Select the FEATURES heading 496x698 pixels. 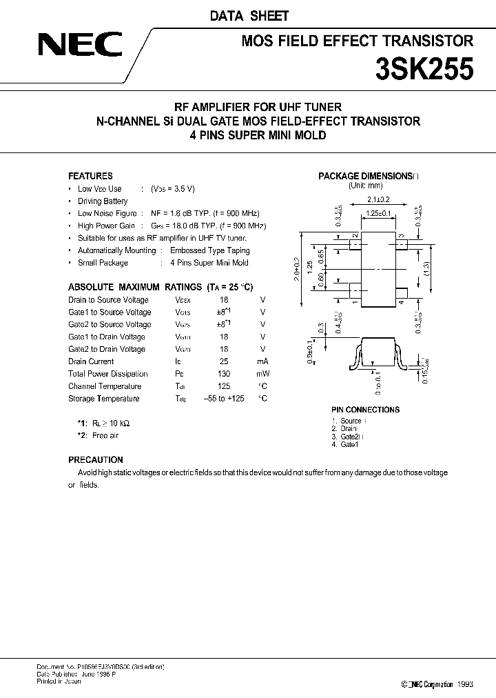tap(90, 176)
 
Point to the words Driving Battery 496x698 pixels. tap(103, 201)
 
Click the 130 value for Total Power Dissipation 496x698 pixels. tap(224, 374)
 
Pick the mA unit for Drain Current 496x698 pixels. tap(262, 361)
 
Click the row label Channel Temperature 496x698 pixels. tap(105, 386)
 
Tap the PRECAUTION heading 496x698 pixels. tap(96, 459)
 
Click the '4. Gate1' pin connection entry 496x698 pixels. tap(345, 445)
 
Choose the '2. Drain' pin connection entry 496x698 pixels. tap(346, 429)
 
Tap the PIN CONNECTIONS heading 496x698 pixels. tap(365, 410)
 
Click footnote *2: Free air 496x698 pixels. tap(98, 436)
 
